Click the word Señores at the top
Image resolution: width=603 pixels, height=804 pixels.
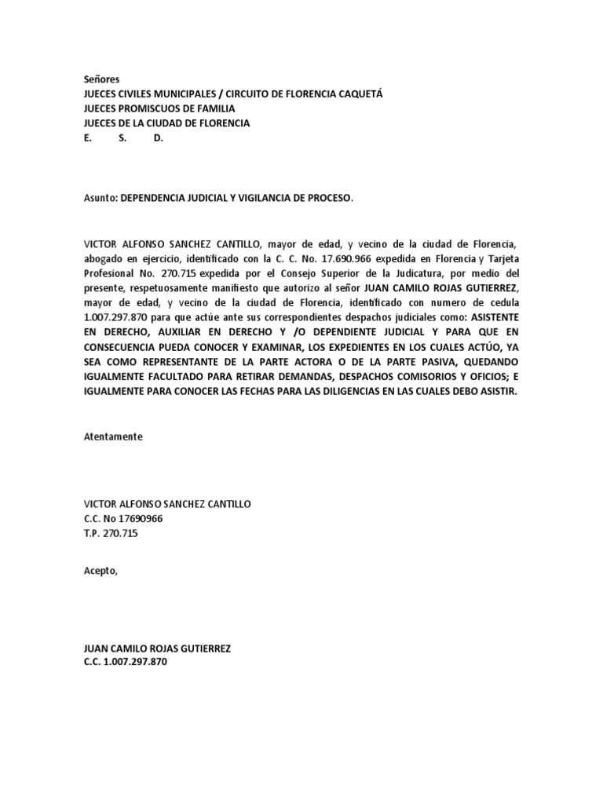(x=101, y=79)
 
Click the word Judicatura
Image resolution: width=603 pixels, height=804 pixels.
(x=444, y=274)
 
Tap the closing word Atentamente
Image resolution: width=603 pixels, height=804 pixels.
(x=113, y=437)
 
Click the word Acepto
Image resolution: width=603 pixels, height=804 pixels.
(x=100, y=571)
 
